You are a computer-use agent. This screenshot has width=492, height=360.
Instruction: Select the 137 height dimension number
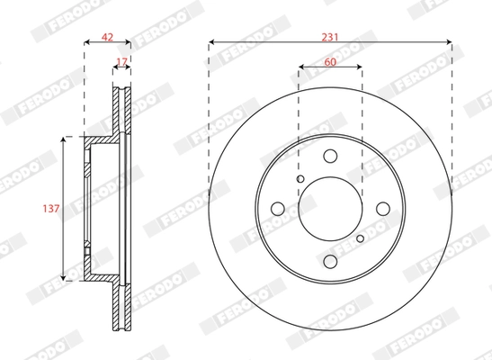51,208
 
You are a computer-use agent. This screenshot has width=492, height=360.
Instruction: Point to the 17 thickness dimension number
122,62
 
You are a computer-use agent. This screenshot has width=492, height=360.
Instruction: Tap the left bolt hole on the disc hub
279,210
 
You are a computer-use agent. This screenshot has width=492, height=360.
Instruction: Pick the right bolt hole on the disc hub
381,210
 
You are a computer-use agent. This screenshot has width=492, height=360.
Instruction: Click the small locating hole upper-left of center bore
300,180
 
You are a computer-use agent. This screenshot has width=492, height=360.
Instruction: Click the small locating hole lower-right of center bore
360,239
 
